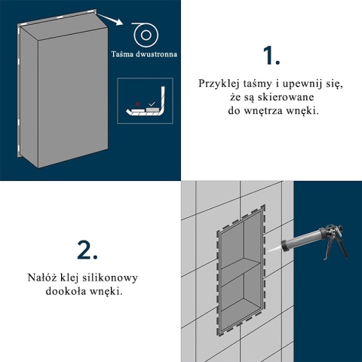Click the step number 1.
[x=271, y=56]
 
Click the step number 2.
[x=87, y=250]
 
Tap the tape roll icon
[x=146, y=35]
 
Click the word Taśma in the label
[x=122, y=54]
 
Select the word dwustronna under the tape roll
[x=156, y=54]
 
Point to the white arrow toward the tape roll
[x=110, y=19]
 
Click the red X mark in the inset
[x=137, y=104]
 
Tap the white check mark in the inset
[x=152, y=103]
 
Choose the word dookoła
[x=66, y=291]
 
